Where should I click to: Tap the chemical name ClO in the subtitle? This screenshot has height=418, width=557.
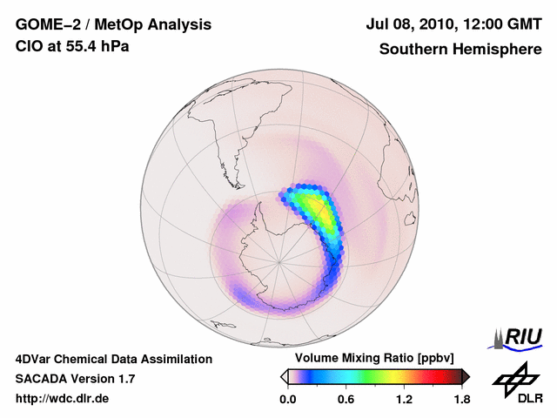(28, 46)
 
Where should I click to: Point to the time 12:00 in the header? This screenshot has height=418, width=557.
(481, 24)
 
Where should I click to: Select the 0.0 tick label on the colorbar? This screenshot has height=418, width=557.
(287, 400)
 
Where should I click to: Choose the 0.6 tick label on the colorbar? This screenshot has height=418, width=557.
(345, 400)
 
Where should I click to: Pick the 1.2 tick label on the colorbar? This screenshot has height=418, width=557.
(404, 400)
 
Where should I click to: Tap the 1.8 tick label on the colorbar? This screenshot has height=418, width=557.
(461, 400)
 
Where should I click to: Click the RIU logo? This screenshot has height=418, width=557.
(517, 336)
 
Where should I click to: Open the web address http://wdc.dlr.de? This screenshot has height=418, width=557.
(63, 399)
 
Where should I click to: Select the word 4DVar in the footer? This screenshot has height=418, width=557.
(34, 359)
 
